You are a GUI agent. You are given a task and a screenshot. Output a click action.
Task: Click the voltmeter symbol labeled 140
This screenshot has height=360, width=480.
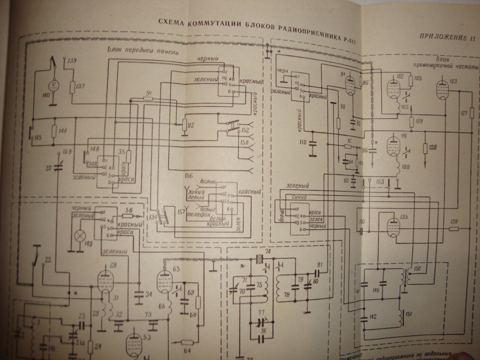[x=54, y=84]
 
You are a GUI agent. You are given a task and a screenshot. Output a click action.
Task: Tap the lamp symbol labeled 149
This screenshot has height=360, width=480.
[x=80, y=233]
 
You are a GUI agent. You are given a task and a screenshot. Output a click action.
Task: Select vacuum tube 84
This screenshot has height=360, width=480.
[x=350, y=86]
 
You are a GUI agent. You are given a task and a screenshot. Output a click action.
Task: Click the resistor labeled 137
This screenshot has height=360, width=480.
[x=72, y=87]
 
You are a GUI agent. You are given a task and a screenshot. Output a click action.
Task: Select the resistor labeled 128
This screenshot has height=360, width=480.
[x=425, y=148]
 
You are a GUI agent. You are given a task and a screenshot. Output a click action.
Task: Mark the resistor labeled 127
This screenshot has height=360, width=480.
[x=472, y=112]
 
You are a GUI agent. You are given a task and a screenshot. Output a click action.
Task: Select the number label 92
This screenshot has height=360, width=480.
[x=191, y=125]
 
